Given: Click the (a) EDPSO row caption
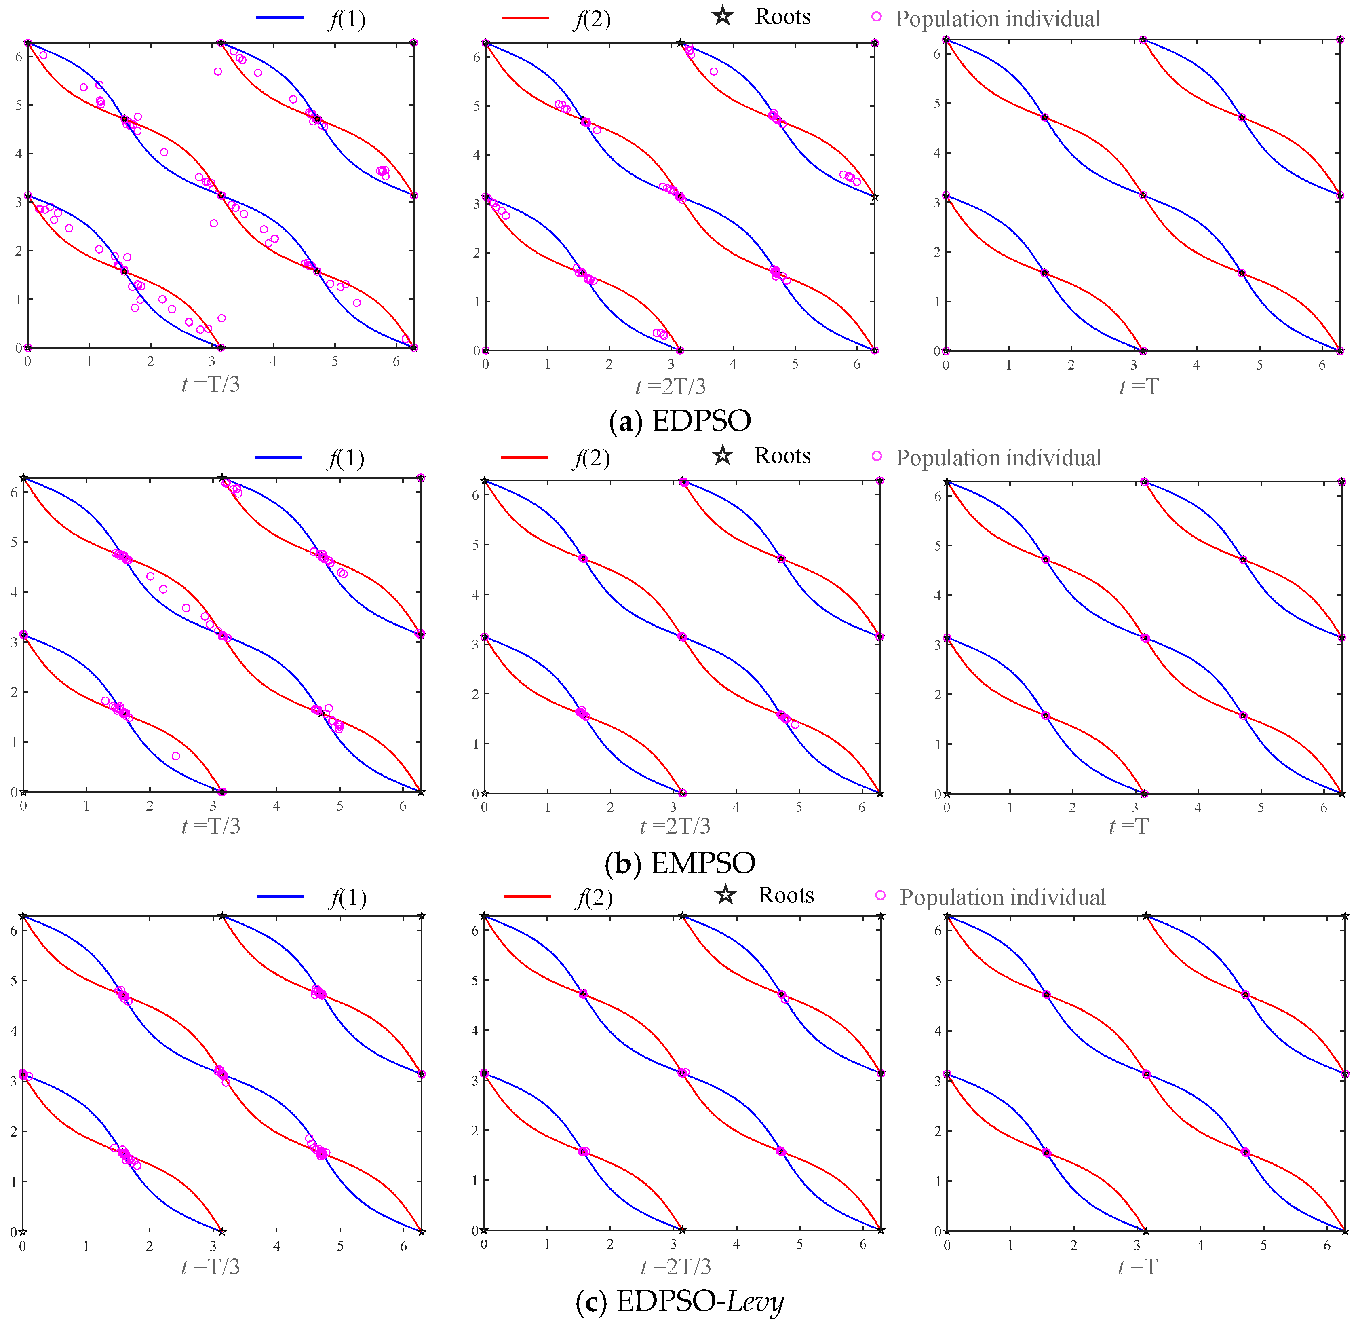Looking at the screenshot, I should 680,421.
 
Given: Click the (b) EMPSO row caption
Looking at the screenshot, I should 680,863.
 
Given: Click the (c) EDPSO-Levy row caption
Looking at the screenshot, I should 680,1301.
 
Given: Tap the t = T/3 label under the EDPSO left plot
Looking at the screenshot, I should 210,384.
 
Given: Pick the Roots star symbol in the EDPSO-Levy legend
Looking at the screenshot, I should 725,895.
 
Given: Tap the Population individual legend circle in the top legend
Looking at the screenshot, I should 877,16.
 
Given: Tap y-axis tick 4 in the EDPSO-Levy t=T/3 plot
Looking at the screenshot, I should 13,1031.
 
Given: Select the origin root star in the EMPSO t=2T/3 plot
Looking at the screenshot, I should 485,793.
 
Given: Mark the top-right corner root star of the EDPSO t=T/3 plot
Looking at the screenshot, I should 413,43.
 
